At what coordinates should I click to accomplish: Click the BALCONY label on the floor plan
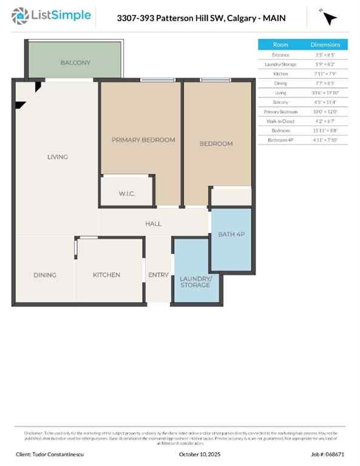(75, 62)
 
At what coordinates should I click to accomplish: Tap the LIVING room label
(58, 157)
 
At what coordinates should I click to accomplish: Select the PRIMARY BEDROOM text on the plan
(143, 140)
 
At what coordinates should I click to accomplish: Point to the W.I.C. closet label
(126, 194)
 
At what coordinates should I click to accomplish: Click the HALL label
(154, 223)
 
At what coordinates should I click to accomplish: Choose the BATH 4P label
(231, 234)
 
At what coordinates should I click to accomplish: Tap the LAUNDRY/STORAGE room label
(195, 282)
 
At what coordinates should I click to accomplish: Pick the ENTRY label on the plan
(158, 275)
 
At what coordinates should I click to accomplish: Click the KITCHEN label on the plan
(106, 275)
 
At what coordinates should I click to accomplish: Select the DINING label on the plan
(45, 275)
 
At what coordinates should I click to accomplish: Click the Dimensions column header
(330, 44)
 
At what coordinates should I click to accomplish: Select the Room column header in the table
(280, 44)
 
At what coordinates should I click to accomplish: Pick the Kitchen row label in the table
(280, 73)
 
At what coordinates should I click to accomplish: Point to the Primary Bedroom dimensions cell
(330, 112)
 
